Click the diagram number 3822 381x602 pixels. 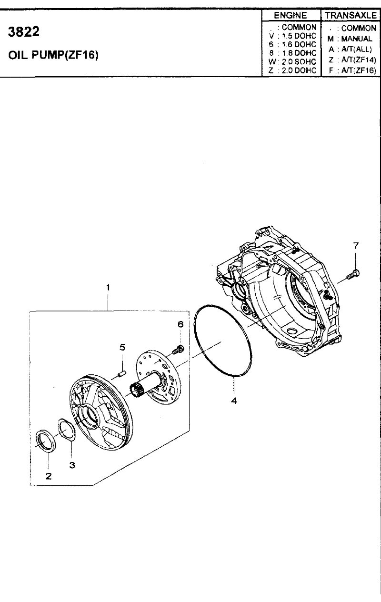point(24,32)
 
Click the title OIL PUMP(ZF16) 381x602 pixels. point(53,55)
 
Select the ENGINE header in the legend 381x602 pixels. point(290,15)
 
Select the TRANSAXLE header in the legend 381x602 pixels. point(351,15)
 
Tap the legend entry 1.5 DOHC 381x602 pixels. point(299,36)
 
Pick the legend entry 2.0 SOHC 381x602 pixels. point(299,61)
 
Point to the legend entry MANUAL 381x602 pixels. point(357,39)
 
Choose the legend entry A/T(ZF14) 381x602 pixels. point(359,60)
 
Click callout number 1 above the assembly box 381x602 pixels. point(108,288)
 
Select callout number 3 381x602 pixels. point(72,465)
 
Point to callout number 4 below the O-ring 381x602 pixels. point(234,401)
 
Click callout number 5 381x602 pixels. point(122,347)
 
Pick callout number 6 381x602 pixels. point(180,324)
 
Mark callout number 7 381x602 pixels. point(356,246)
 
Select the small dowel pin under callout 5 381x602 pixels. point(123,374)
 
